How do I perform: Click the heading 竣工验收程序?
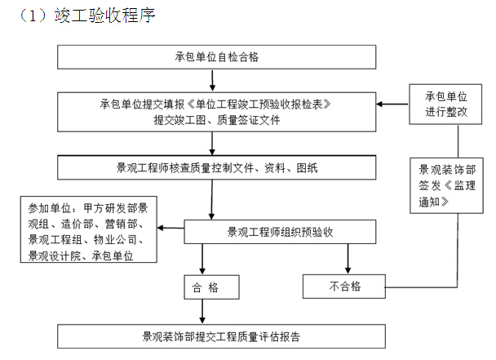(104, 16)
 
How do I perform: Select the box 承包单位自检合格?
(217, 57)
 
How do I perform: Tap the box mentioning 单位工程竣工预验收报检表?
(217, 112)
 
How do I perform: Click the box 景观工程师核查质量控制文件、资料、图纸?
(217, 167)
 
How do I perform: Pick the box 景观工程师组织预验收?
(280, 232)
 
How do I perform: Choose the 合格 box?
(211, 287)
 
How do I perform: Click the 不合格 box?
(344, 287)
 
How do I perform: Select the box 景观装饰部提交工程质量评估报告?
(221, 336)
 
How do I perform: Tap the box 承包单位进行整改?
(445, 104)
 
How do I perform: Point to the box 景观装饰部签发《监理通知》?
(447, 185)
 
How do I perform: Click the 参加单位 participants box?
(89, 229)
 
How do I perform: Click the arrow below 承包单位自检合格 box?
(213, 81)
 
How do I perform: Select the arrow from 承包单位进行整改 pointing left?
(392, 104)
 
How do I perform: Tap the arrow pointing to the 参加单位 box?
(170, 228)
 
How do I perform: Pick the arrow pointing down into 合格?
(202, 259)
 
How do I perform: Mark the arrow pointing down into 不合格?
(348, 259)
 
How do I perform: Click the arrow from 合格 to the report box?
(202, 312)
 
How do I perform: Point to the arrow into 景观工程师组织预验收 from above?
(212, 199)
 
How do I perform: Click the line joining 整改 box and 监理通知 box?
(458, 141)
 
